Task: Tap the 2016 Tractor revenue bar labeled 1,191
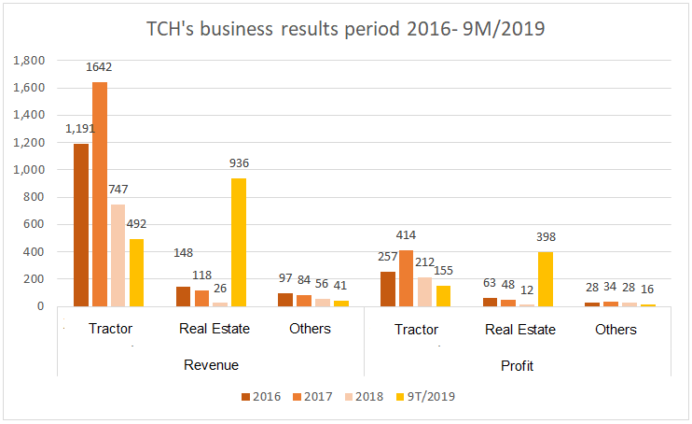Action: coord(81,225)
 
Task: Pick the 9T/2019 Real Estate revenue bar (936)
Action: coord(240,242)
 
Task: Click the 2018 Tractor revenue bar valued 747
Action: coord(118,255)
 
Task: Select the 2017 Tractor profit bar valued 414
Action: coord(407,277)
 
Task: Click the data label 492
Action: coord(137,224)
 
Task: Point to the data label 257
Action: coord(388,256)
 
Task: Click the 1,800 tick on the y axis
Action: coord(31,61)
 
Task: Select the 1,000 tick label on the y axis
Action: coord(31,170)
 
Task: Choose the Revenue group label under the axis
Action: coord(211,364)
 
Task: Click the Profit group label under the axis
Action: coord(517,364)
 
